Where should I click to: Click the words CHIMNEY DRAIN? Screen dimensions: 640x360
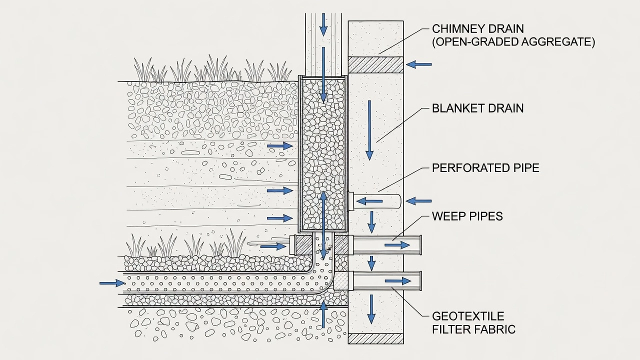click(477, 29)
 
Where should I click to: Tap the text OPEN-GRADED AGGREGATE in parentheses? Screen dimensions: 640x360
click(513, 42)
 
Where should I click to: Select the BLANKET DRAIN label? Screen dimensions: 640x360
click(477, 108)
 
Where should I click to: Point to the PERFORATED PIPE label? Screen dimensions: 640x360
click(485, 167)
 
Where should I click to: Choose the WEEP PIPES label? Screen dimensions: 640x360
click(467, 216)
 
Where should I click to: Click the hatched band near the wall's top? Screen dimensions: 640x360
click(375, 65)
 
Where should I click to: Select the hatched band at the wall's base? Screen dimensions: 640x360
click(375, 338)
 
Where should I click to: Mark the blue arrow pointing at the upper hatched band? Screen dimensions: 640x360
click(418, 64)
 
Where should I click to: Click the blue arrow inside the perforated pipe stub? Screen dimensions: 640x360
click(369, 201)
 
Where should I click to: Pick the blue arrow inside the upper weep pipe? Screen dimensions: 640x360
click(397, 245)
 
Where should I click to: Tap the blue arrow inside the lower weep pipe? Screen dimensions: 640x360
click(398, 281)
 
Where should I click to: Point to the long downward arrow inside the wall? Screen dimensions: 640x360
click(369, 130)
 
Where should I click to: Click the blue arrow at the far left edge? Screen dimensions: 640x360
click(112, 283)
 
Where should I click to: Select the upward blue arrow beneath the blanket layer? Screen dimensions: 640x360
click(323, 314)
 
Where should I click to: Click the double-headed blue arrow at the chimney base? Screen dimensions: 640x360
click(323, 225)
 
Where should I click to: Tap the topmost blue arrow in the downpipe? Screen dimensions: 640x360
click(323, 24)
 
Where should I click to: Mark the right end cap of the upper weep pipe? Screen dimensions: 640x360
click(420, 245)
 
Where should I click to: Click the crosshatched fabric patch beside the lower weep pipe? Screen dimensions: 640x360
click(340, 281)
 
